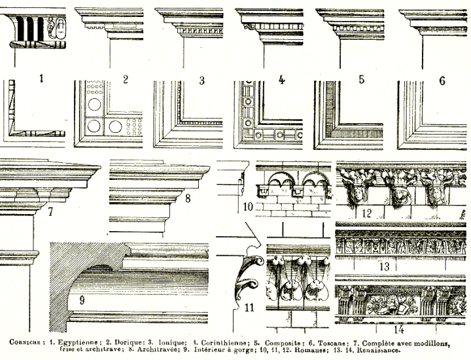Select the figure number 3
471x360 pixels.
click(x=202, y=80)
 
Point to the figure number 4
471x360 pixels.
click(x=281, y=80)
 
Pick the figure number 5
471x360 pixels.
click(x=360, y=80)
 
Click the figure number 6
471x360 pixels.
click(x=442, y=81)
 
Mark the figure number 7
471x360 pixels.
click(x=50, y=212)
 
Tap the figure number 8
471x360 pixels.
click(x=187, y=198)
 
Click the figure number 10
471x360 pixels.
click(x=247, y=207)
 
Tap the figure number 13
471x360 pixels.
click(x=384, y=266)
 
